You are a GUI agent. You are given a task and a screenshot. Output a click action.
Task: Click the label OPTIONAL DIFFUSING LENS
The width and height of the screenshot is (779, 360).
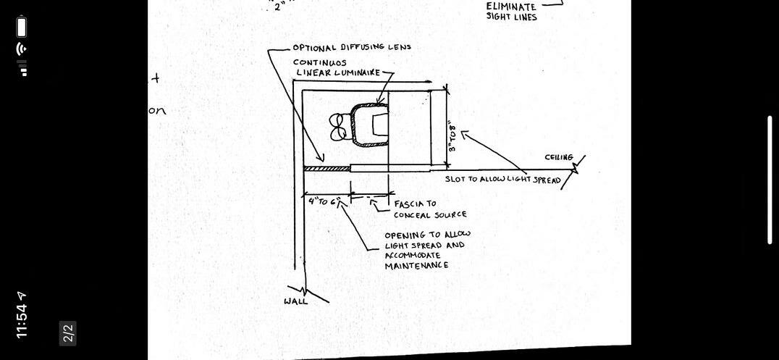coord(352,48)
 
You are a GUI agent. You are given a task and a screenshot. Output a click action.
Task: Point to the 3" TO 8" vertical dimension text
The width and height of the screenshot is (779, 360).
coord(452,135)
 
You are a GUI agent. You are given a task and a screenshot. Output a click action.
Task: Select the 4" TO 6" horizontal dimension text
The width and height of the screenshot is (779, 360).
coord(323,201)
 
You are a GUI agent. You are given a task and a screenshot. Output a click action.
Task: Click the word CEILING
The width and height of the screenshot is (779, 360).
coord(559,157)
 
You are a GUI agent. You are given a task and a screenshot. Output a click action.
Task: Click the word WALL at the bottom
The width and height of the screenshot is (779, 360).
coord(295,301)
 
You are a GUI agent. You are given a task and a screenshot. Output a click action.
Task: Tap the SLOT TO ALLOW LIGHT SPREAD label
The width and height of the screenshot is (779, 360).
coord(502,179)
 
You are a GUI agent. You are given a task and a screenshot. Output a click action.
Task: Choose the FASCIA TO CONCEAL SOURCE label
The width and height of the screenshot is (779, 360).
coord(430,209)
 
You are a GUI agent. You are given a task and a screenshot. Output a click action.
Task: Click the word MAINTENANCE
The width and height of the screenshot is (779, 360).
coord(416,266)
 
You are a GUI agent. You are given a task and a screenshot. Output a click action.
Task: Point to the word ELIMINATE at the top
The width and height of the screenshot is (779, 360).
coord(511,7)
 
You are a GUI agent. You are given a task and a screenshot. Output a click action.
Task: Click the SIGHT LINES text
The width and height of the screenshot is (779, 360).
coord(511,17)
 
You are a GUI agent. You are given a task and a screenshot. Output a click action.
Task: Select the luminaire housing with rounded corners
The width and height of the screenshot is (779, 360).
coord(369,125)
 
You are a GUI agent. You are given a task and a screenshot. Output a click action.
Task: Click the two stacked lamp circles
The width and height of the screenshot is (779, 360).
coord(338,127)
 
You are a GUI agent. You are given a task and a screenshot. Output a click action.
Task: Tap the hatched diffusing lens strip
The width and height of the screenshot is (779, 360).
coord(327,168)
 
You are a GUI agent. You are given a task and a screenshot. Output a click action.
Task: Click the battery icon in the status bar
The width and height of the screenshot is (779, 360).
coord(22,28)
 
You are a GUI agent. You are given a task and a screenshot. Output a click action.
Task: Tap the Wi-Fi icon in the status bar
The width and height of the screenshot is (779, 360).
coord(22,49)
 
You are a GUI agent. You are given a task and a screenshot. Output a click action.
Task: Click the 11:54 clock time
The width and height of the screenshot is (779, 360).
coord(22,315)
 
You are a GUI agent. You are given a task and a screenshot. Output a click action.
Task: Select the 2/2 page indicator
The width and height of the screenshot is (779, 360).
coord(68,333)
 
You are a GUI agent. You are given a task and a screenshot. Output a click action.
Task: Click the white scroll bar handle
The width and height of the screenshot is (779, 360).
coord(770,180)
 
